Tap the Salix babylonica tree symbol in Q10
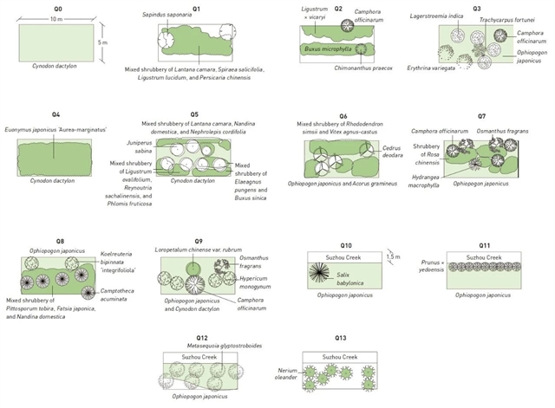pos(326,276)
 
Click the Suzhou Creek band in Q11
pos(482,257)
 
